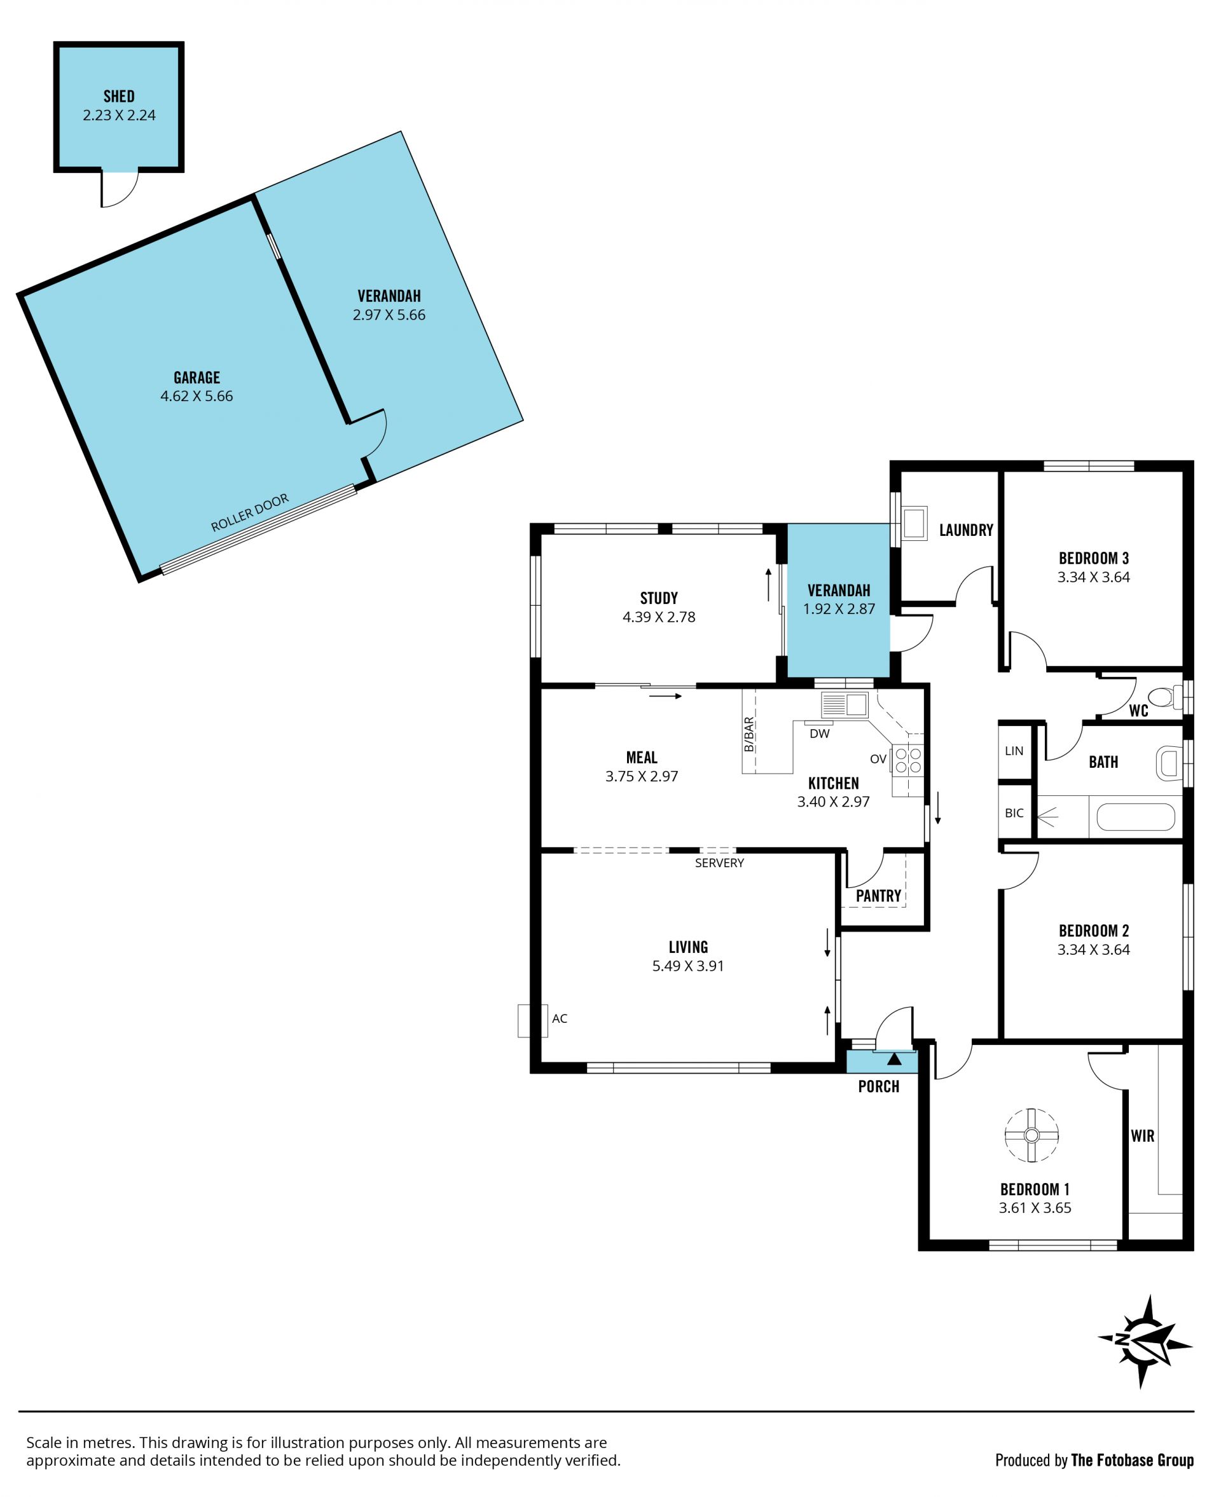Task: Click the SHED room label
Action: point(119,97)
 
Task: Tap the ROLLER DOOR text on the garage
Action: point(250,512)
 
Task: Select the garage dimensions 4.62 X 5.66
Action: point(197,396)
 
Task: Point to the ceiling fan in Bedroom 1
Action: point(1031,1135)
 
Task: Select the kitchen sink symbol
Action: point(845,704)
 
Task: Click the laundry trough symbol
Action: point(914,523)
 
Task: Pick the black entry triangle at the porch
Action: point(894,1059)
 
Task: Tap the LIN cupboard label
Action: point(1014,751)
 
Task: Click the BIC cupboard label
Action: point(1014,814)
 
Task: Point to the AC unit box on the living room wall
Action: point(532,1021)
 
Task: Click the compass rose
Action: point(1146,1341)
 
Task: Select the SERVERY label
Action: point(719,863)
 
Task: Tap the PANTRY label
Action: point(878,896)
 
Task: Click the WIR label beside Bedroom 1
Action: point(1143,1135)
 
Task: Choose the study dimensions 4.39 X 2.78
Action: point(659,617)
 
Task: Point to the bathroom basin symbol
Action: point(1169,763)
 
